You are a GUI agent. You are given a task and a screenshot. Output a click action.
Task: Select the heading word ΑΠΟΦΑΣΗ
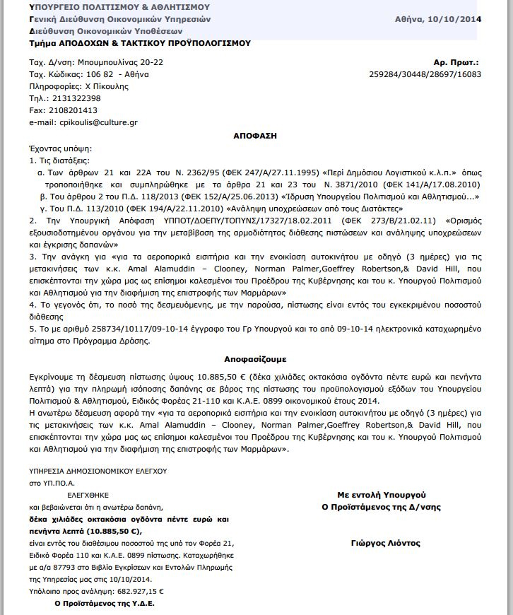point(256,134)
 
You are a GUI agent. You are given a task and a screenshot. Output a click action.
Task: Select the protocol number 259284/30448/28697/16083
point(425,74)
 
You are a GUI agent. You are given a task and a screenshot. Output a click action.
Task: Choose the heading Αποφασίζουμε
point(256,359)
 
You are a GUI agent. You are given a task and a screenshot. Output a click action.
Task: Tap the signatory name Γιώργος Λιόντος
point(385,543)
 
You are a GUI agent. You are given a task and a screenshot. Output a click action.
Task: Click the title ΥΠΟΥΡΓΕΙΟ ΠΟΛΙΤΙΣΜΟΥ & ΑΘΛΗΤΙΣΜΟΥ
point(119,7)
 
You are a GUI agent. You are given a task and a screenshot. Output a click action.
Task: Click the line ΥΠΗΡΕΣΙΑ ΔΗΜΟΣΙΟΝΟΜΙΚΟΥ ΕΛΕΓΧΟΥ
point(98,471)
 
